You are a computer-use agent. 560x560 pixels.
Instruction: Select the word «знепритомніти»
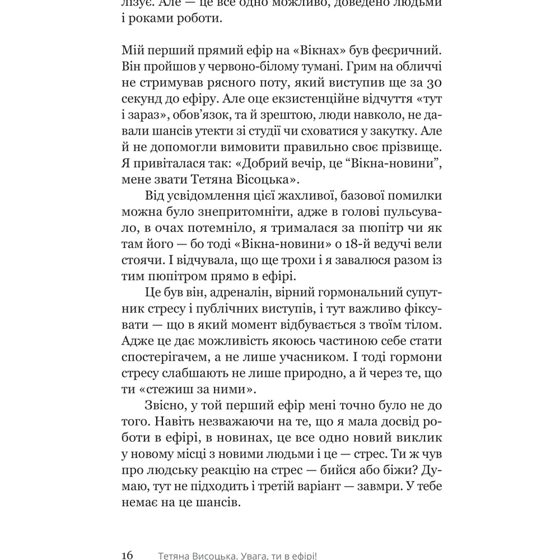[x=212, y=213]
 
